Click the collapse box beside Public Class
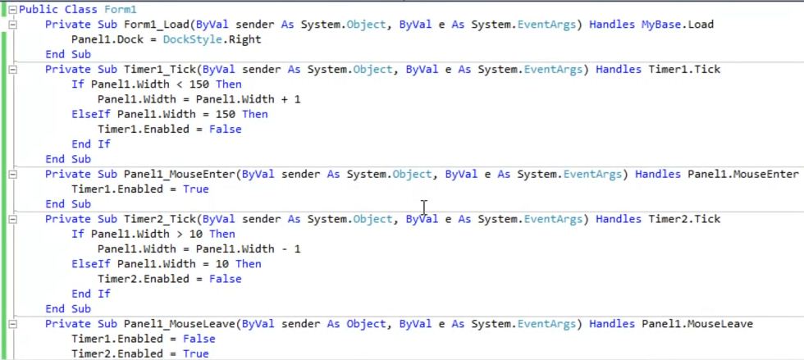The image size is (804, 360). point(12,9)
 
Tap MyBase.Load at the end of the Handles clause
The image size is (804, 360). point(678,25)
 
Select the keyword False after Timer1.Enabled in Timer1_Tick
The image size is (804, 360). point(225,129)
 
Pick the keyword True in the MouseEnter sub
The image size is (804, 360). point(195,189)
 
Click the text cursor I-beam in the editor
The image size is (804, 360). point(423,207)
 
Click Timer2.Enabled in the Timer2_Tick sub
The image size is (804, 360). point(143,279)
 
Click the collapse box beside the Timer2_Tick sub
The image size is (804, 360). point(12,219)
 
